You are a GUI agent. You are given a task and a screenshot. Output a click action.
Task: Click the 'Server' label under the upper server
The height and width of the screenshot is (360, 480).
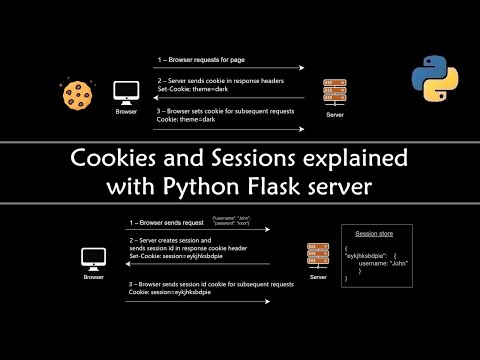[335, 117]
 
